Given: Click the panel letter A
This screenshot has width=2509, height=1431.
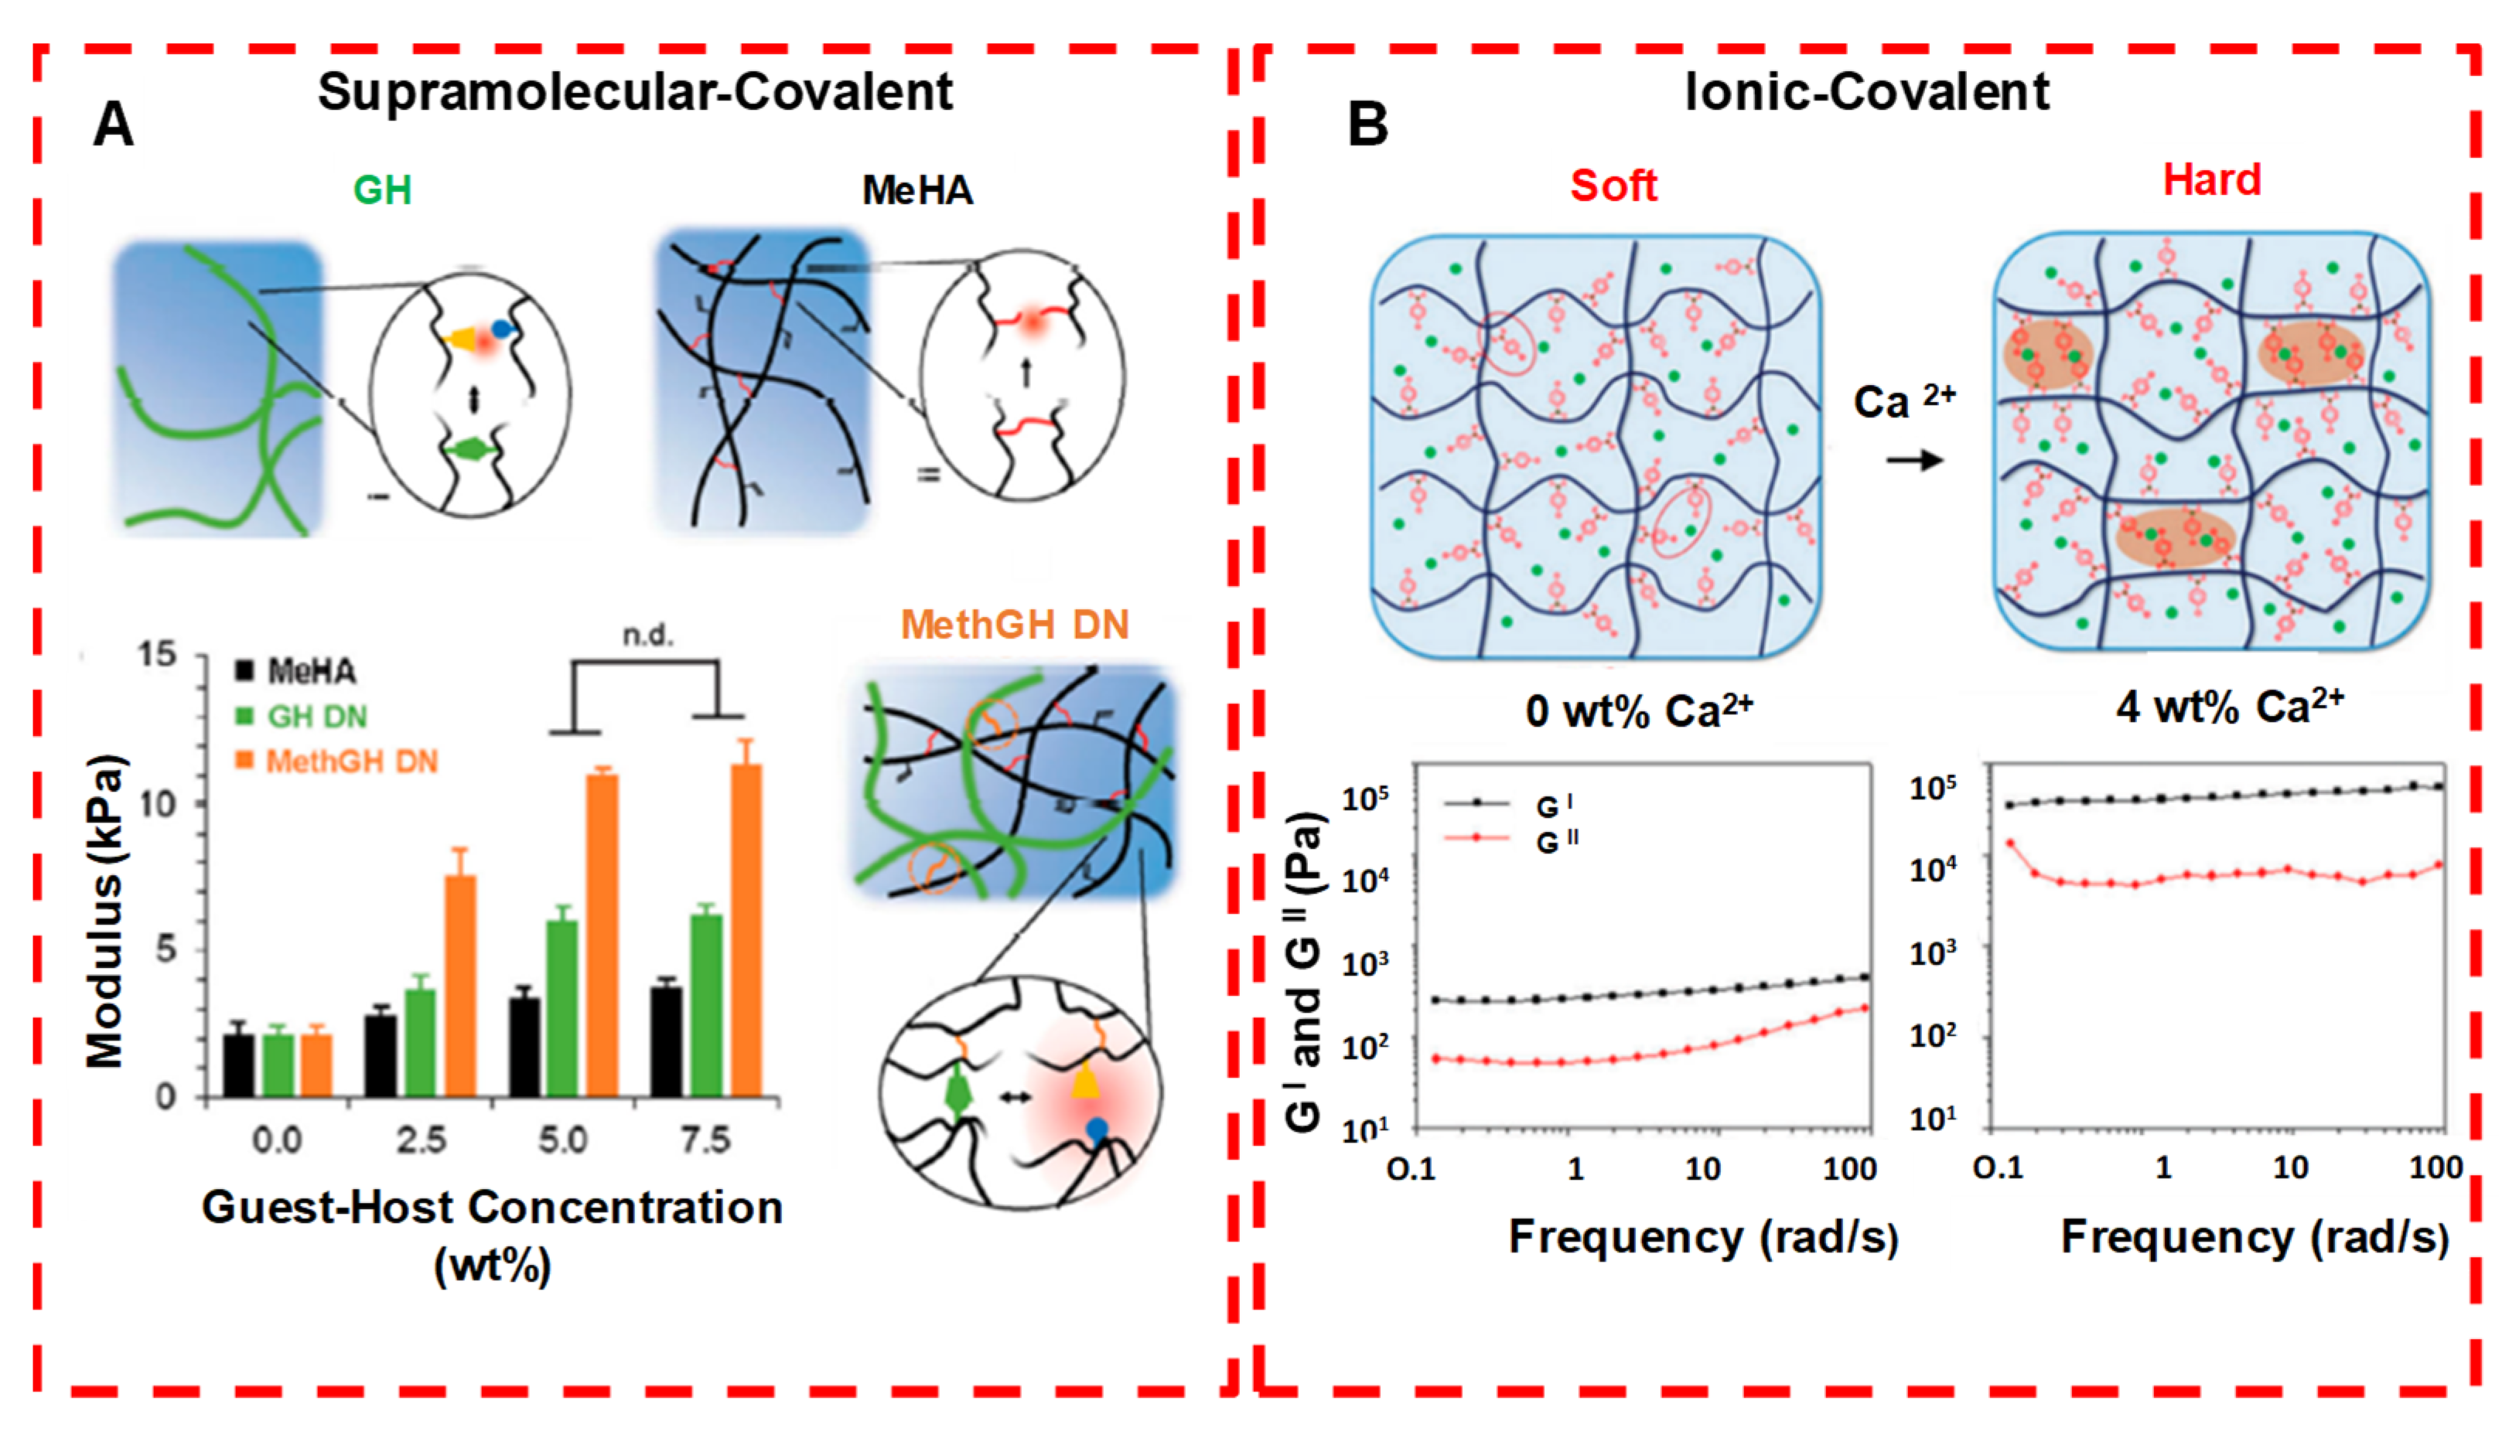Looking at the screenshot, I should coord(113,126).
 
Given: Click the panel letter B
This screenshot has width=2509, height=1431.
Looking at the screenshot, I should coord(1367,126).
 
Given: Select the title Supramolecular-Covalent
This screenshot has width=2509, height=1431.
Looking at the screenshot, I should coord(635,93).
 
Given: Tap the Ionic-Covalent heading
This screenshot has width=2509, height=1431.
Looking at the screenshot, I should coord(1867,93).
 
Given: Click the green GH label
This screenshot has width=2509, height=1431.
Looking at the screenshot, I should coord(382,189).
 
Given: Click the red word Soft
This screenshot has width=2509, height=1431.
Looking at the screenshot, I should coord(1613,186).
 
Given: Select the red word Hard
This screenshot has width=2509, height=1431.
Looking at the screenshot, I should coord(2212,181).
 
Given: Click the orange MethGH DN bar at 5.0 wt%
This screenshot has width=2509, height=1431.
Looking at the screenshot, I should coord(602,934).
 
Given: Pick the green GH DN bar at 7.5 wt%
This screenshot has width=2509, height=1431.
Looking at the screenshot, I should coord(706,1004).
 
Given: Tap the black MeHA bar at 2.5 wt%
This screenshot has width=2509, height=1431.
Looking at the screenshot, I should coord(380,1055).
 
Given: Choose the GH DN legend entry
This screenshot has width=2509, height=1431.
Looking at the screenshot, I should coord(302,717).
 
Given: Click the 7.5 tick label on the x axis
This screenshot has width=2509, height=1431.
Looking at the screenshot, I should coord(706,1140).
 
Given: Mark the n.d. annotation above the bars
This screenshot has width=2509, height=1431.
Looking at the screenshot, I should coord(648,636).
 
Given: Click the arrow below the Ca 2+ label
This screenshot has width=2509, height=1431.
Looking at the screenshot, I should coord(1914,460).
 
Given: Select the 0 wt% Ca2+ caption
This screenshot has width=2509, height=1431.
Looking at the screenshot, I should coord(1639,710).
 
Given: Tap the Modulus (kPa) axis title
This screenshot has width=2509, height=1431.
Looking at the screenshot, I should coord(106,910).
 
